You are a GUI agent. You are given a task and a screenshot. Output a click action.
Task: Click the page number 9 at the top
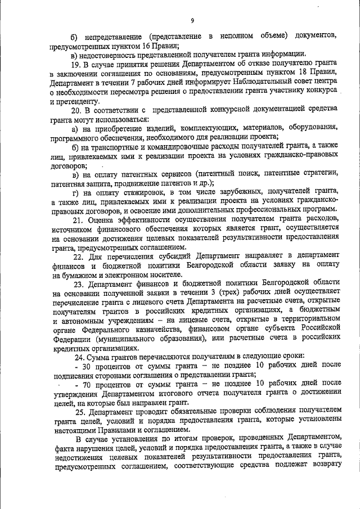192,21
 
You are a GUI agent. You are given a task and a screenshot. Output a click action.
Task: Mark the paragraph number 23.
76,283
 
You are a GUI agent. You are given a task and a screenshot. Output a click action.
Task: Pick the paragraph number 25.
76,412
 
